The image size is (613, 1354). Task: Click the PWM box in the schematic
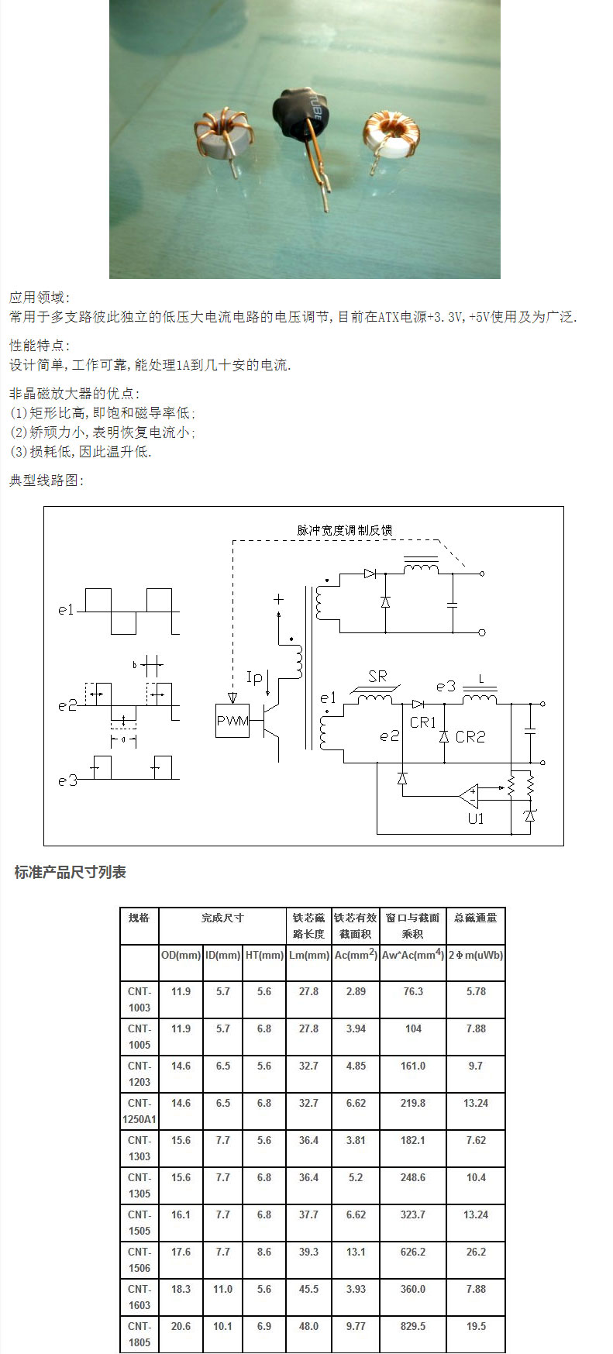click(232, 721)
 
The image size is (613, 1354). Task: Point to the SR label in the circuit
click(377, 677)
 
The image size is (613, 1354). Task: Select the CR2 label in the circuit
click(470, 736)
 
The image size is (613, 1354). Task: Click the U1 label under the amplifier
click(475, 818)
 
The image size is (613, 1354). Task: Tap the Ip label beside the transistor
click(254, 677)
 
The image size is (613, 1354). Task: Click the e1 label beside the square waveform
click(66, 610)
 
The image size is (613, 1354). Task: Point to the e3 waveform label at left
click(67, 780)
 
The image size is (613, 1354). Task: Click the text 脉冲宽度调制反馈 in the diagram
click(345, 530)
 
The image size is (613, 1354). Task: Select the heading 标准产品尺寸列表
click(70, 873)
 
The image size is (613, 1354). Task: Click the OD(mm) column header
click(181, 955)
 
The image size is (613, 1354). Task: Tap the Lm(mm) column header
click(308, 955)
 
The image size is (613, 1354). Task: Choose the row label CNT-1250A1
click(139, 1111)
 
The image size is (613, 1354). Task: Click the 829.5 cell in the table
click(413, 1326)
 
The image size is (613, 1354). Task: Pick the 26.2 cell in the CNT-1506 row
click(476, 1252)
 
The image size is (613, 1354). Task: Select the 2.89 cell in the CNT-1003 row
click(356, 991)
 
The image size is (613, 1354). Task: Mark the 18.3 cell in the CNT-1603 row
click(181, 1289)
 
